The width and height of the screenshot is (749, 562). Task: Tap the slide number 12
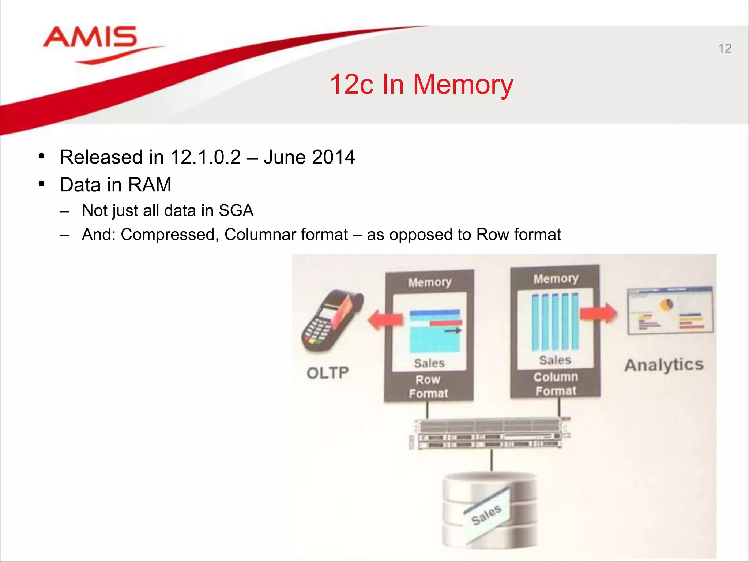click(x=724, y=49)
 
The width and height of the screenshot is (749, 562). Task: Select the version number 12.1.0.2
click(x=206, y=157)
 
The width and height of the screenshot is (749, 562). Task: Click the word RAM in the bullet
click(x=150, y=185)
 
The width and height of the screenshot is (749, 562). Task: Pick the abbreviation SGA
click(x=236, y=211)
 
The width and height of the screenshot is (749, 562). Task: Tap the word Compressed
click(x=169, y=235)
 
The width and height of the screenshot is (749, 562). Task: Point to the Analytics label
click(x=664, y=365)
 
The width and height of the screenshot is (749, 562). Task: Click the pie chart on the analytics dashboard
click(x=667, y=304)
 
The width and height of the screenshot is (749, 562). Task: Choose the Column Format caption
click(x=556, y=384)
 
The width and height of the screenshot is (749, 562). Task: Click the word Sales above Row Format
click(x=429, y=363)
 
